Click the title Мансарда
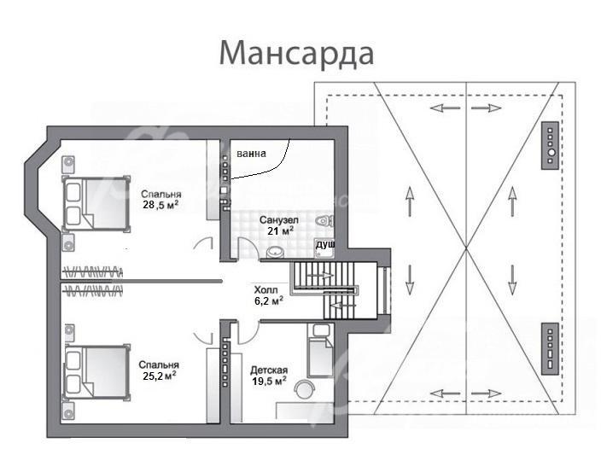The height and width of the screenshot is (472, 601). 297,54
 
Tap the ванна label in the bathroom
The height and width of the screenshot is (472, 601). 251,154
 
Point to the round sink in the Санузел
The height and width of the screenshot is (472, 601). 274,252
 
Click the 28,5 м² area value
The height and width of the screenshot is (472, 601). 161,205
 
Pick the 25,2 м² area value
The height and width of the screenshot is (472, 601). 159,376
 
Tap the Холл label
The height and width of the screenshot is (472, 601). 266,290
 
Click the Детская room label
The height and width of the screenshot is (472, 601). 269,370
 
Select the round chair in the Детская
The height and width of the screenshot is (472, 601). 304,388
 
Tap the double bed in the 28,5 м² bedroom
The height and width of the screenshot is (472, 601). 96,203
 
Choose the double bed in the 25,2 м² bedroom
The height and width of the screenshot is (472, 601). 96,372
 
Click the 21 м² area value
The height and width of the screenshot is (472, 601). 281,230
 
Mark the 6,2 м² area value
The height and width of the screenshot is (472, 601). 269,300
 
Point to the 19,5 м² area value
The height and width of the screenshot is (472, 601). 269,381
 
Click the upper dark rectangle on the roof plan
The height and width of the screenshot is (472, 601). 550,146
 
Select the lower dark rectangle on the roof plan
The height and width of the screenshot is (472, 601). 550,348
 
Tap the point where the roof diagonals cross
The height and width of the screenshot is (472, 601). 466,248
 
